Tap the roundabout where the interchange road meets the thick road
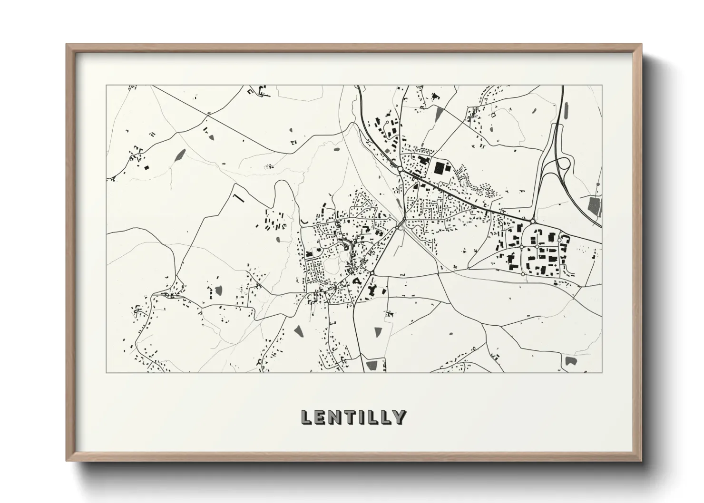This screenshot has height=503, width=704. pyautogui.click(x=533, y=222)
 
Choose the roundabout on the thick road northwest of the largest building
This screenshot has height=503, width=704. pyautogui.click(x=401, y=169)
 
